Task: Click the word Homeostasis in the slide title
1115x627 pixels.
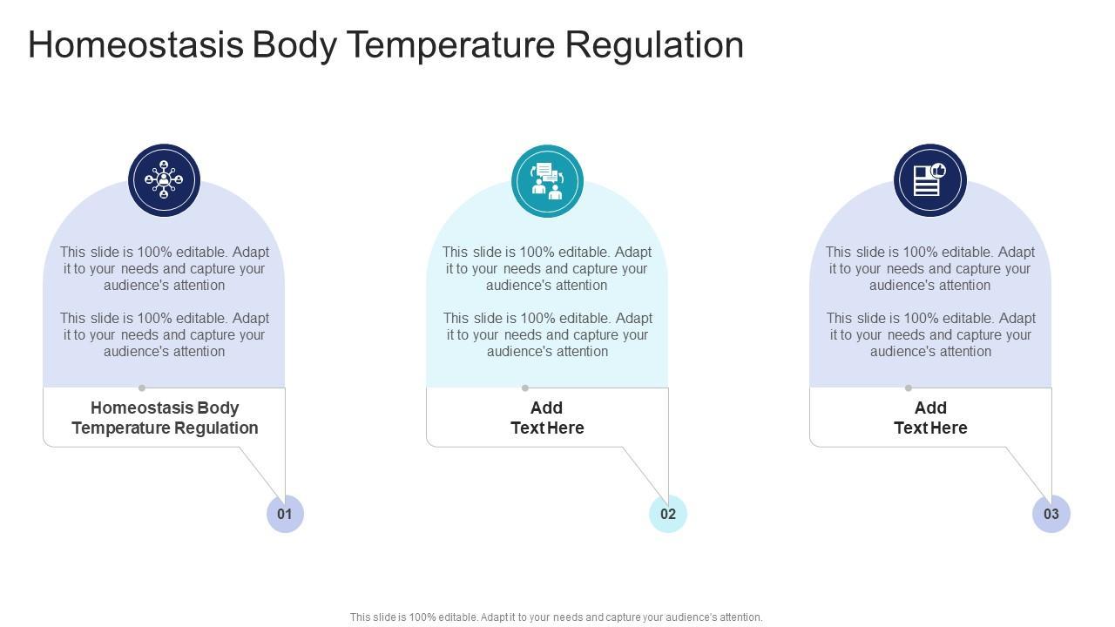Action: point(135,45)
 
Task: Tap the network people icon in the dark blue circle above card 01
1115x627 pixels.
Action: point(164,180)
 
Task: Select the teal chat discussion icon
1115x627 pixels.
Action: point(547,180)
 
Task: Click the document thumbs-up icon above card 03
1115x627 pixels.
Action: point(929,180)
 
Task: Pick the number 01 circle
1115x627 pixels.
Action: point(285,514)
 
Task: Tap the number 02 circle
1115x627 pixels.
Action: point(668,514)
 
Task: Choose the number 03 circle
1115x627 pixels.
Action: point(1051,514)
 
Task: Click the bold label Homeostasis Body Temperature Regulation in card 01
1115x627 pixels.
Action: point(165,418)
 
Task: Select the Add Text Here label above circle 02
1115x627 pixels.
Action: point(547,418)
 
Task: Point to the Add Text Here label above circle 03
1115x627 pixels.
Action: point(930,418)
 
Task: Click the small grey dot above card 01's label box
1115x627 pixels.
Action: point(142,388)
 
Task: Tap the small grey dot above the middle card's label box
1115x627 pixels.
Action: point(525,388)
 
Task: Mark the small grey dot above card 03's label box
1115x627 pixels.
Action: point(909,388)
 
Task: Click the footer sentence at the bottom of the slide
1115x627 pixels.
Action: point(556,617)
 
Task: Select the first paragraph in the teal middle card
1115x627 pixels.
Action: point(547,268)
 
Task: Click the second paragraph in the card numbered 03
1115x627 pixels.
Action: point(930,334)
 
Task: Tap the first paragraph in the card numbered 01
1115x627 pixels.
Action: point(165,268)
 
